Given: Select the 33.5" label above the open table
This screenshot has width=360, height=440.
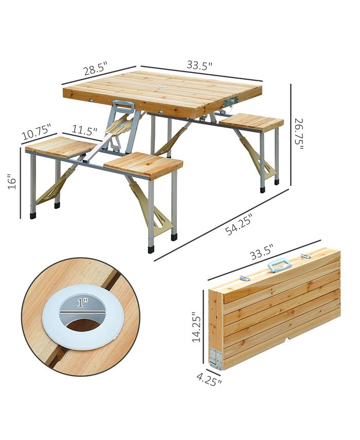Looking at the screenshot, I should (200, 65).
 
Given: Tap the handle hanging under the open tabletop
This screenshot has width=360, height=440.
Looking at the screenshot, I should (123, 107).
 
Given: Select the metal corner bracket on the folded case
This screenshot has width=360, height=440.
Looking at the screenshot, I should (215, 358).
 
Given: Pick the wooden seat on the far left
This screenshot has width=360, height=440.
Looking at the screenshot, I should (60, 147).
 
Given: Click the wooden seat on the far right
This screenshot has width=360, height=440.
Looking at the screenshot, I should (251, 121).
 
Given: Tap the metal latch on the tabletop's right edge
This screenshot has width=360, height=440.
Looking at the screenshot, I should (234, 100).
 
